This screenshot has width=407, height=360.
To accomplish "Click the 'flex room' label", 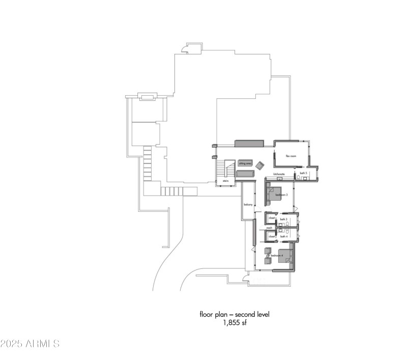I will point(290,156).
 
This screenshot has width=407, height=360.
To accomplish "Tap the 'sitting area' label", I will point(245,163).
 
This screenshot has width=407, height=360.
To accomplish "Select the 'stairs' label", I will point(224,181).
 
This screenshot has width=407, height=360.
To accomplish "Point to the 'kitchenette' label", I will point(279,174).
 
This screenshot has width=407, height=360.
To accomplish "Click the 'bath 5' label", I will point(303,174).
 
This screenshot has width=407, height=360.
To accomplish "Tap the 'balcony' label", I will point(248,205).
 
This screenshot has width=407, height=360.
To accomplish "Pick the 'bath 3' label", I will point(283,219).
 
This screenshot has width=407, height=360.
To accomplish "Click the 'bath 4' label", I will point(284,236).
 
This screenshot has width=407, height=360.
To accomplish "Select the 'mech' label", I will point(270,228).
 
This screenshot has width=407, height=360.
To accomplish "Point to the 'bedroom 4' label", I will point(276,255).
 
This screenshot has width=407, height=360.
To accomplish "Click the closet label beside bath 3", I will point(272,218).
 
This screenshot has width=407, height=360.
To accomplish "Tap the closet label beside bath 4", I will point(271,236).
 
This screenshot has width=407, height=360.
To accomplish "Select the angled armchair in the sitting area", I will point(260,165).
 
